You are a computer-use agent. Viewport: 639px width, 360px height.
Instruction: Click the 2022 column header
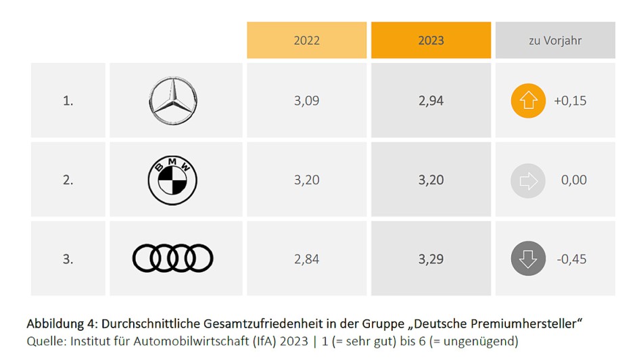click(306, 40)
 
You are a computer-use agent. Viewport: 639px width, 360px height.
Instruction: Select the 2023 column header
click(431, 40)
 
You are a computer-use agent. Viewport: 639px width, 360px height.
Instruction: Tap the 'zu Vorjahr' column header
click(554, 40)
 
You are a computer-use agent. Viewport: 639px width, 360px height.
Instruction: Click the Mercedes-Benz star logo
click(172, 101)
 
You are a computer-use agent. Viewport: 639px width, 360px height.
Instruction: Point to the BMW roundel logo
click(172, 180)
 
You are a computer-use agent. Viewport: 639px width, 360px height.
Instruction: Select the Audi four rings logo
click(172, 258)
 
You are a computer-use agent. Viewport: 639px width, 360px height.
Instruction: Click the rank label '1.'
click(68, 101)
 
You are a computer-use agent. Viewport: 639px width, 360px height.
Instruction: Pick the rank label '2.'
click(68, 180)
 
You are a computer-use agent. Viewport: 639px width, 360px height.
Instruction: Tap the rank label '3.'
click(68, 258)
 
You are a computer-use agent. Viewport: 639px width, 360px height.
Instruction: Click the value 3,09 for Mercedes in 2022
click(306, 101)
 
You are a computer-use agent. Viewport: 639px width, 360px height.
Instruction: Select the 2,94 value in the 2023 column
click(431, 101)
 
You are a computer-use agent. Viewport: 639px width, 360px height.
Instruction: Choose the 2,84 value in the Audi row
click(306, 258)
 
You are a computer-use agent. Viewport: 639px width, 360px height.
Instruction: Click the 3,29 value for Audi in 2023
click(431, 258)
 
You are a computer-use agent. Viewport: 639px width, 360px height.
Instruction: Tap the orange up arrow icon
click(528, 101)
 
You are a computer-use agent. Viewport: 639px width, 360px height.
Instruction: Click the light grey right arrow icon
click(528, 180)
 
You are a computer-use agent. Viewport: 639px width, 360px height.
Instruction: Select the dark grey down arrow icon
click(528, 259)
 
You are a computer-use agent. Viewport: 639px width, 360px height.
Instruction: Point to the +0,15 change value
click(570, 101)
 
